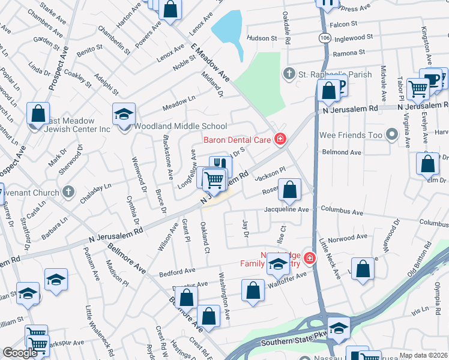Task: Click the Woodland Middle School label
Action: pos(180,127)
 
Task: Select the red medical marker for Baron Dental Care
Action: pos(279,140)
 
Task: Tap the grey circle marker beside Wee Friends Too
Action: pos(393,134)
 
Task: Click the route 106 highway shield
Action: pos(325,37)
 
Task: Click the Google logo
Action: pos(20,353)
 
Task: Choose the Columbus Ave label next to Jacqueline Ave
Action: pos(342,212)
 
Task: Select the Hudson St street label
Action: pos(261,38)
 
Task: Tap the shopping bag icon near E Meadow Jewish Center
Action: pos(38,113)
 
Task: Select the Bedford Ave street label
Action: pos(175,273)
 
